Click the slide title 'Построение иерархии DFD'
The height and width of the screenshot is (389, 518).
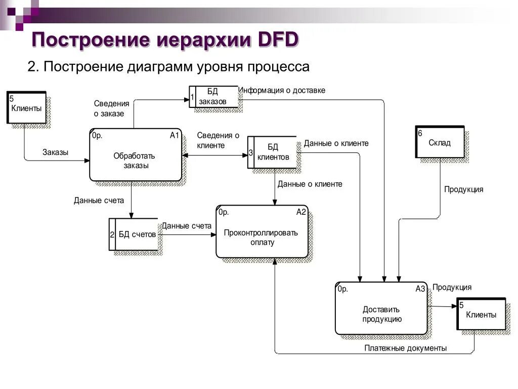165,39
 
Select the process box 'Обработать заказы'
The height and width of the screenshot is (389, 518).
135,155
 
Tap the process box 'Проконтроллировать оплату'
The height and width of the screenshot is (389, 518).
262,232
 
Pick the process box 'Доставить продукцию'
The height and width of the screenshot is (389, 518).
381,309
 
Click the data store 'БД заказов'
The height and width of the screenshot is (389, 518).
213,96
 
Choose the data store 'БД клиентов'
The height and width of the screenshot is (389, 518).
273,152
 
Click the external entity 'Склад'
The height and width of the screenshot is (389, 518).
439,142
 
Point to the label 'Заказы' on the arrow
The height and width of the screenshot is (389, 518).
55,152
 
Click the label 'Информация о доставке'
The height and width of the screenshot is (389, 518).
282,90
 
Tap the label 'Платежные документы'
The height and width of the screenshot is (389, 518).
405,348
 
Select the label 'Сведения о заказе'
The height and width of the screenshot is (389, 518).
111,108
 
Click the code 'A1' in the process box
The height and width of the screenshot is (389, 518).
175,135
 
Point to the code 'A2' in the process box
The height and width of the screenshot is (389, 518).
301,212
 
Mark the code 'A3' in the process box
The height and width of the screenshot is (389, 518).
420,289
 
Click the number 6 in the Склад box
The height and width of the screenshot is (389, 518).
420,133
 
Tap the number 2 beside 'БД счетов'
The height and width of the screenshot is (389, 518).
112,235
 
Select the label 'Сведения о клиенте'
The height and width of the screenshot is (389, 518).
218,140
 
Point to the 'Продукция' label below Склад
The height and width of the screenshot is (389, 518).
463,189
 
